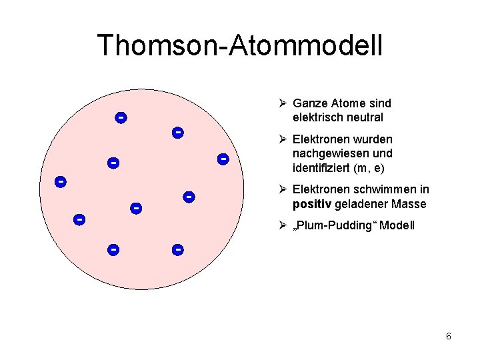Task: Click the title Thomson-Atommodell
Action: click(240, 45)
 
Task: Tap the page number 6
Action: click(449, 336)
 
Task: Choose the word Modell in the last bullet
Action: click(398, 225)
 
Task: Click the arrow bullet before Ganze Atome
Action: click(283, 103)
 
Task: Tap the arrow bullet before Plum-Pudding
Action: click(283, 225)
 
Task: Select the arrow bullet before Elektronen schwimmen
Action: click(283, 190)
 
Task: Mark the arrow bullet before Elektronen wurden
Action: click(283, 139)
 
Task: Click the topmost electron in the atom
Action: click(121, 118)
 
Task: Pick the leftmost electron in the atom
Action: click(60, 181)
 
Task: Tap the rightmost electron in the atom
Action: click(223, 159)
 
